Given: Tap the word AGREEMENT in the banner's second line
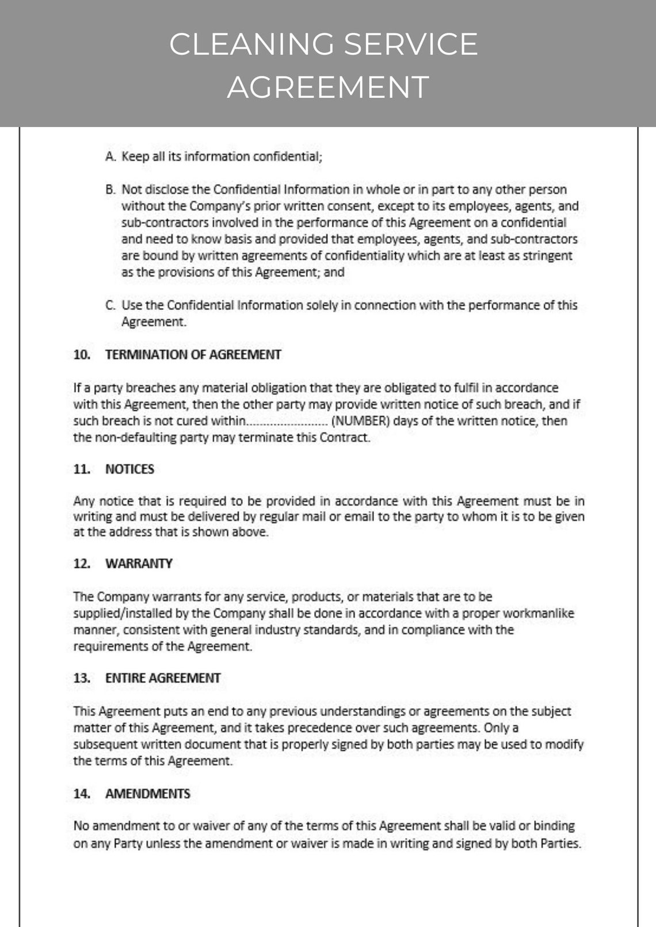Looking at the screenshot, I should tap(328, 87).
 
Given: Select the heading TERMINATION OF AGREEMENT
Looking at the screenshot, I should tap(193, 355).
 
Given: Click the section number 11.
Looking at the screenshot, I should tap(82, 469).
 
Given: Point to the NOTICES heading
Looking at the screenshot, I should tap(129, 469).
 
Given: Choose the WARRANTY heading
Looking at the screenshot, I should tap(139, 564).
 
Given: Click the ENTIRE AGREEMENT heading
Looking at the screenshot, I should tap(163, 679).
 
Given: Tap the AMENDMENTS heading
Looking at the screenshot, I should tap(147, 794).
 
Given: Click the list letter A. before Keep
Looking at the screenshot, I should tap(111, 156).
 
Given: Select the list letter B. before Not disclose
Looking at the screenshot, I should tap(111, 190).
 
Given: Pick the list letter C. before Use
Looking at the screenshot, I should tap(111, 305).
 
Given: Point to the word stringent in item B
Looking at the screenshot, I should tap(548, 256).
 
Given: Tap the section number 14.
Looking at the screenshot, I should tap(82, 794).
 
